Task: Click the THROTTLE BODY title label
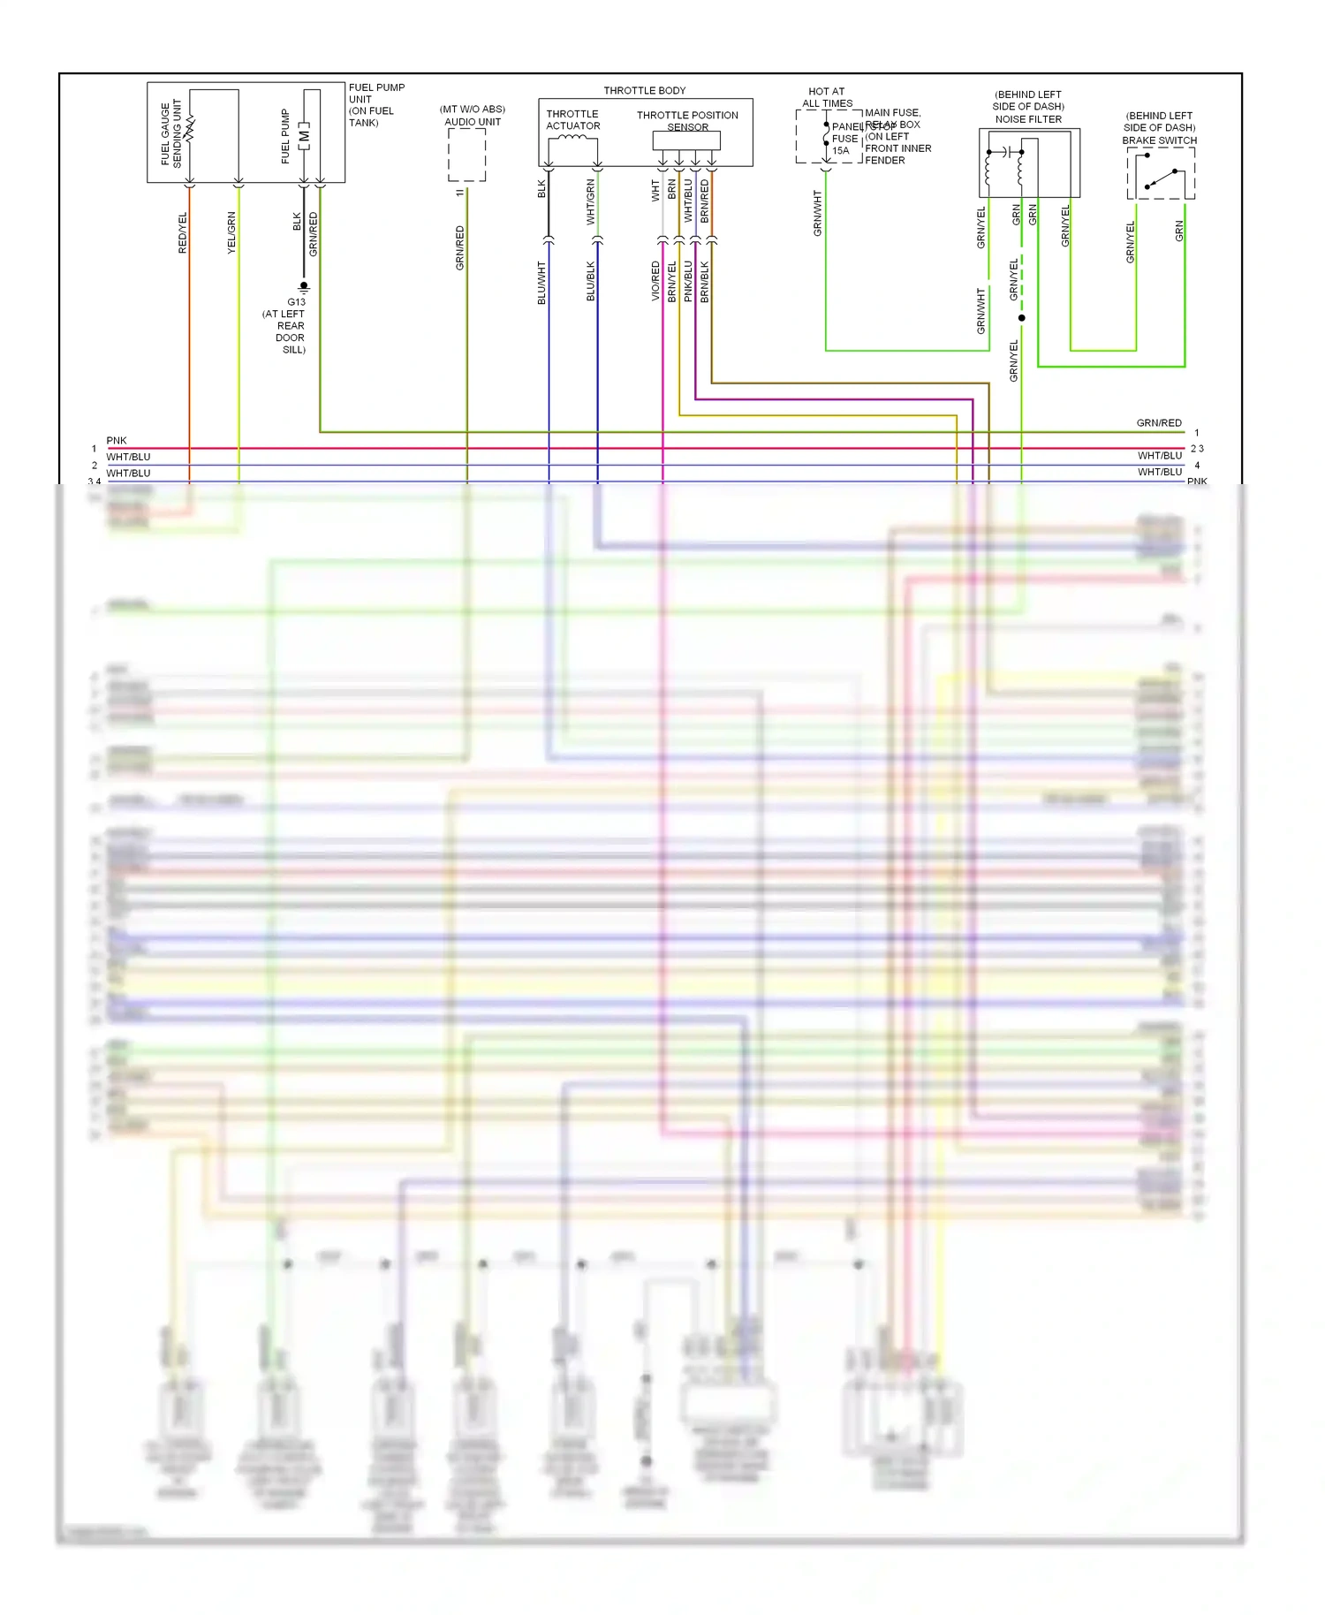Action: click(x=644, y=90)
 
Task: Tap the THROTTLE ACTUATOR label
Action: click(x=572, y=120)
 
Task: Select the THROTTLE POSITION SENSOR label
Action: click(x=687, y=121)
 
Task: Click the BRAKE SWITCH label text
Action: click(x=1159, y=140)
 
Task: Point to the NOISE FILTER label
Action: click(x=1028, y=119)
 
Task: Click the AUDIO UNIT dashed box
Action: click(x=466, y=155)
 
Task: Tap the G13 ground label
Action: click(x=296, y=302)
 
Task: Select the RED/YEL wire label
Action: click(x=183, y=232)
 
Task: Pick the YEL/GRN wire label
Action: click(x=231, y=232)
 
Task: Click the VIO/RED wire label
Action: click(x=655, y=281)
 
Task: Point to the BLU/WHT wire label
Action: click(x=541, y=283)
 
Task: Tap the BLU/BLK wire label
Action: click(x=591, y=281)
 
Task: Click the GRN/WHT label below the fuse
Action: click(x=817, y=213)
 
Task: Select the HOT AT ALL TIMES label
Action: click(x=827, y=97)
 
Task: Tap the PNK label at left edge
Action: click(x=117, y=440)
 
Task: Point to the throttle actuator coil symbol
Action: click(x=572, y=138)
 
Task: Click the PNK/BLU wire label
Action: click(x=688, y=281)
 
